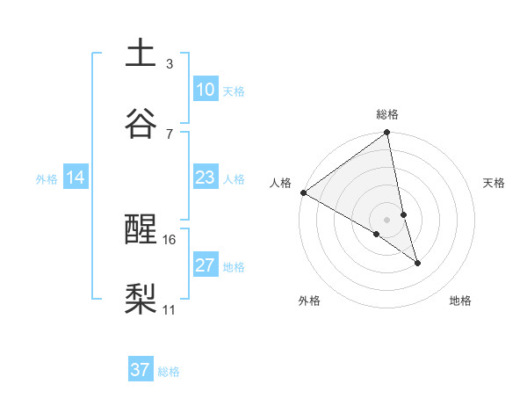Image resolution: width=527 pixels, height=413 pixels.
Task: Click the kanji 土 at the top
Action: coord(141,54)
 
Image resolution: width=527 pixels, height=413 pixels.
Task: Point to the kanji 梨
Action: coord(141,299)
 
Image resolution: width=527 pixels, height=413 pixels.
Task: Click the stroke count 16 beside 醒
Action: coord(170,239)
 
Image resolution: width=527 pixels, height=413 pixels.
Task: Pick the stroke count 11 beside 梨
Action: coord(170,309)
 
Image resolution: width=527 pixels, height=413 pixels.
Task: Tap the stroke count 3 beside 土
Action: coord(170,64)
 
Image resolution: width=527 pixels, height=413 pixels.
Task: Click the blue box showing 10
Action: coord(206,90)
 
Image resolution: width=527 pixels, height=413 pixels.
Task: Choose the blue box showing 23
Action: coord(206,178)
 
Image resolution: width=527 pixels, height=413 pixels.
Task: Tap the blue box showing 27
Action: coord(206,265)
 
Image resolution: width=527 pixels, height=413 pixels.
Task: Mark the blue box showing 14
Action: coord(76,178)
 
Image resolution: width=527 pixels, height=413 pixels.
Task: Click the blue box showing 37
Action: coord(141,370)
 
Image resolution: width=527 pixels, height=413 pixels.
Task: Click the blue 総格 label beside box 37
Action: coord(169,372)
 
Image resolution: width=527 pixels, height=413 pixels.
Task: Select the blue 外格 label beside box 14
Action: coord(47,178)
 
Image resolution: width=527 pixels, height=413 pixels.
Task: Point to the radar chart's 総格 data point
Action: coord(387,134)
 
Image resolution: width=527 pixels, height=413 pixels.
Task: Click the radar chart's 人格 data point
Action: coord(303,192)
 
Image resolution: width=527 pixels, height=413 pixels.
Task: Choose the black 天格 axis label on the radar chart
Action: coord(494,183)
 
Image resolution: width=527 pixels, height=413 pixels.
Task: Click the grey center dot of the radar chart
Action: coord(387,219)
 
